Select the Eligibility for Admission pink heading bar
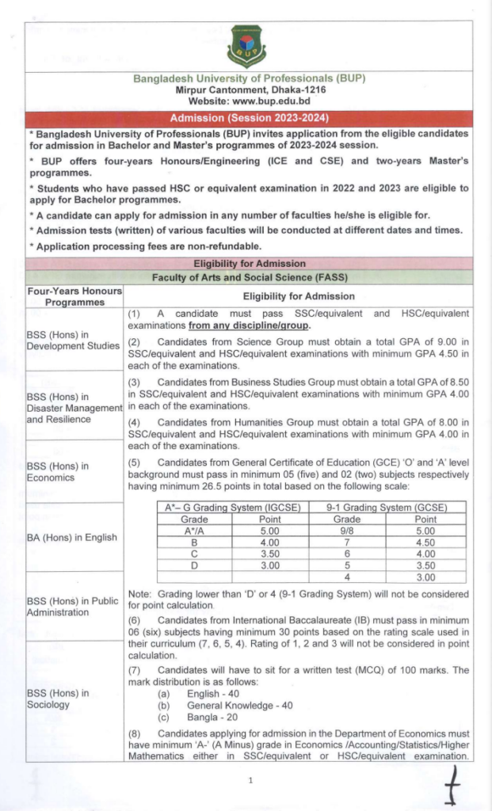[249, 263]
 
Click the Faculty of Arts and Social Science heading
[249, 277]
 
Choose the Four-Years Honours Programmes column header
[74, 296]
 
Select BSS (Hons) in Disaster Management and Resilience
[74, 408]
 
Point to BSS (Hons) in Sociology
[58, 699]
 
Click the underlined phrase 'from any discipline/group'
[250, 326]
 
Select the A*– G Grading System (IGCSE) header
[227, 508]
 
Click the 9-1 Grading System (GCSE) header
[386, 508]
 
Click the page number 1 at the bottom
[250, 781]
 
